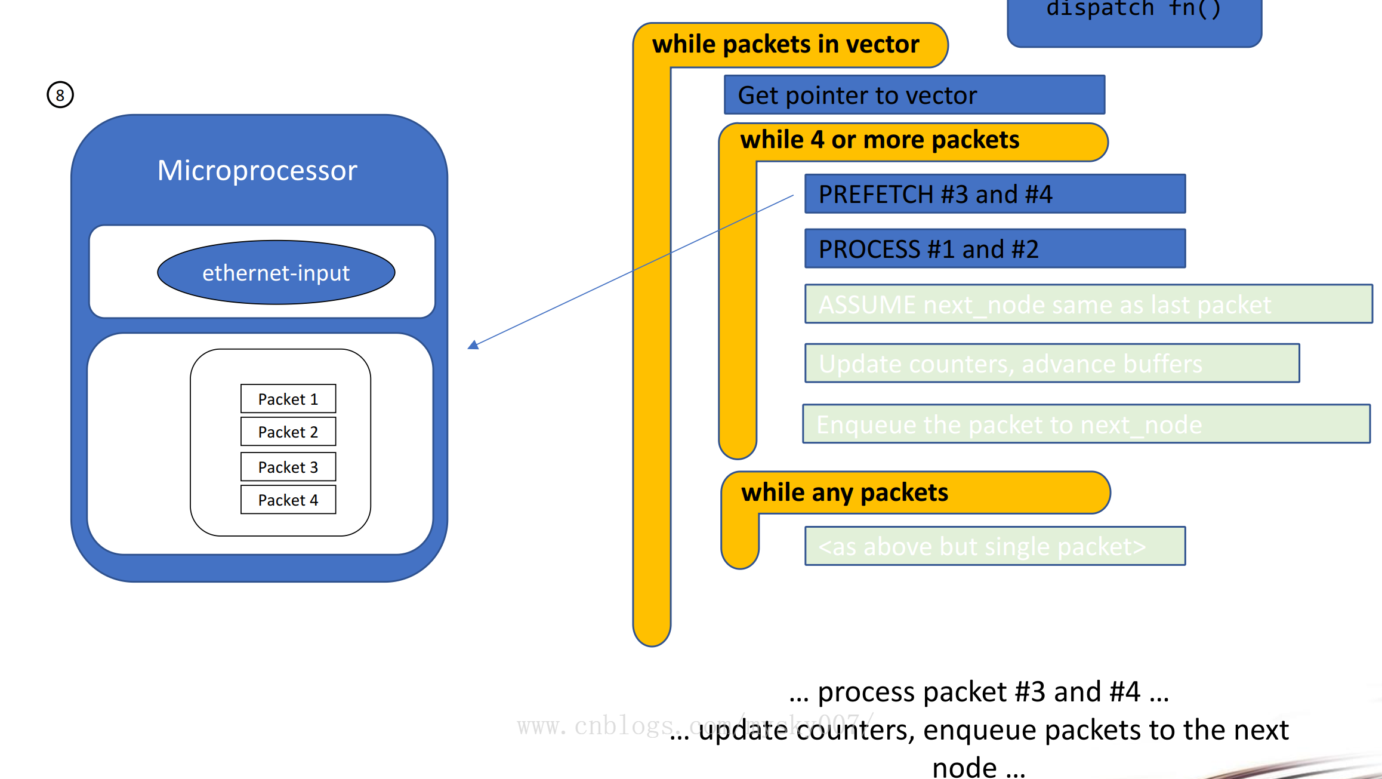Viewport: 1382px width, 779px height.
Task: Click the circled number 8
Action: coord(60,95)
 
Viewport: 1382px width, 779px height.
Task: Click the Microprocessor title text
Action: coord(257,171)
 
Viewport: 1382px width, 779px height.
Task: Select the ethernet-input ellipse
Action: coord(276,273)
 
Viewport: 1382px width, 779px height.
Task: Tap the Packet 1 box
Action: coord(288,399)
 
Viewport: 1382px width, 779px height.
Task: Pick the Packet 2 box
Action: coord(288,432)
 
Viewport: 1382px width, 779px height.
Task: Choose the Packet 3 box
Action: coord(288,467)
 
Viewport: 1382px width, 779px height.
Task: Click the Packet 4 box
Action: coord(288,500)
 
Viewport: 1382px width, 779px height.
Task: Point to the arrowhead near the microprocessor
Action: coord(474,344)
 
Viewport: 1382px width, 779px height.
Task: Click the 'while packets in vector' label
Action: coord(785,45)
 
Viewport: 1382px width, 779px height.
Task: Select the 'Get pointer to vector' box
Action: coord(914,95)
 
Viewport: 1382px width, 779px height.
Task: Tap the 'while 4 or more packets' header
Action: coord(880,140)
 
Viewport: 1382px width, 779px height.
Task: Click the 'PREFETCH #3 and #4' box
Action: coord(995,194)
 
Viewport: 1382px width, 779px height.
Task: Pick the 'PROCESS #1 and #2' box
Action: coord(995,249)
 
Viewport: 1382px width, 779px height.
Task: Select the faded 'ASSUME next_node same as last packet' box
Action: coord(1088,304)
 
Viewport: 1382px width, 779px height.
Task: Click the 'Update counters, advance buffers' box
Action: coord(1051,363)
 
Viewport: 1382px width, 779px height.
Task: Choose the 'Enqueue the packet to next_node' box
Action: coord(1086,424)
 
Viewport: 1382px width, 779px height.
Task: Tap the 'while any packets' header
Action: coord(844,493)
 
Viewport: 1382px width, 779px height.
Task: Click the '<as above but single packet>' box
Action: coord(995,546)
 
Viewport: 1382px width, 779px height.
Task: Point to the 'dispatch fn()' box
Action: coord(1134,18)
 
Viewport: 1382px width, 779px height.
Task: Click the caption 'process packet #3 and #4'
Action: coord(979,692)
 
